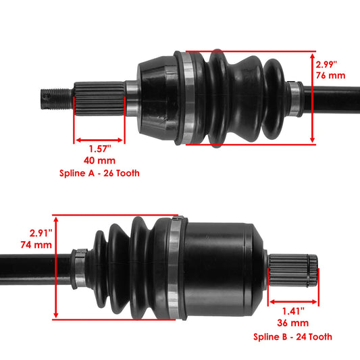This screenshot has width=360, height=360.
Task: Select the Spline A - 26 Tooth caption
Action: (99, 174)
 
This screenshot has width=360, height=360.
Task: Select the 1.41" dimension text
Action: (293, 311)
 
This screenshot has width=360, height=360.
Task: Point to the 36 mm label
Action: (293, 323)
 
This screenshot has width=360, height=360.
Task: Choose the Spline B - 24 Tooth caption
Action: (293, 336)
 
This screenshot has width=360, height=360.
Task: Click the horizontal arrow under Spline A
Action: (99, 142)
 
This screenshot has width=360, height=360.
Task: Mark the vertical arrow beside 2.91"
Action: (57, 267)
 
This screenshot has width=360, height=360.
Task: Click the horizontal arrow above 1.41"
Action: (293, 303)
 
